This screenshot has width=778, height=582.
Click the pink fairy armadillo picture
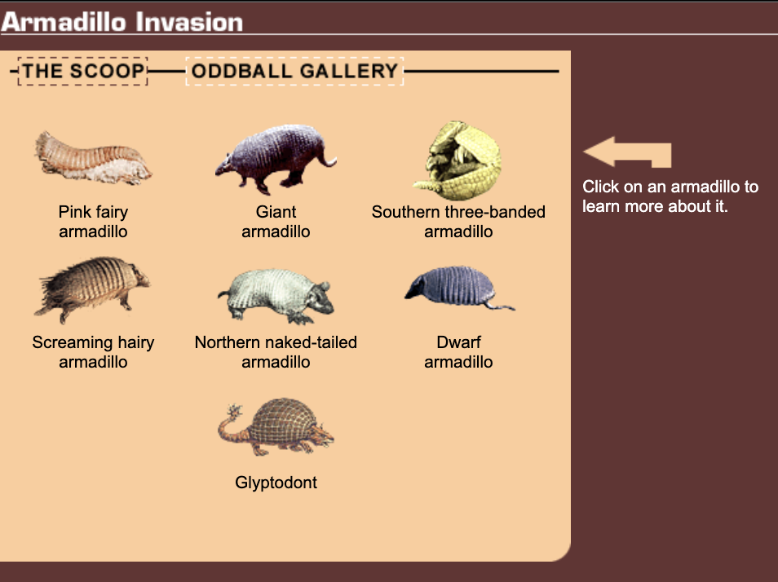pos(93,159)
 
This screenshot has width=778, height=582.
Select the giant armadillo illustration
pos(276,159)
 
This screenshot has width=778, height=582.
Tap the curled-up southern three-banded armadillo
pos(458,161)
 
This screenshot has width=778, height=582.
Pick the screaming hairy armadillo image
pos(92,289)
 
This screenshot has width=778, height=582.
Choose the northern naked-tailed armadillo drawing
pos(276,296)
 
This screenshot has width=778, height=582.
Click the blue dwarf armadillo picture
pos(459,289)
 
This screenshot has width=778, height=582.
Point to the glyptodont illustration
pos(276,427)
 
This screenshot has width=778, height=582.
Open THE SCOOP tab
pos(83,71)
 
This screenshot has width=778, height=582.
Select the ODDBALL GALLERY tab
pos(294,71)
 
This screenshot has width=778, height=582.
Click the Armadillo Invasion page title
pos(122,22)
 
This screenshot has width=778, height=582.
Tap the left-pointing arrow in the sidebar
pos(627,152)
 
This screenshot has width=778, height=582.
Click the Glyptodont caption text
pos(276,483)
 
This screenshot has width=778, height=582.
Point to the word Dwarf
pos(458,342)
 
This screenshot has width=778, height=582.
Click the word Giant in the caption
pos(276,212)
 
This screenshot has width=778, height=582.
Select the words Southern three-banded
pos(458,212)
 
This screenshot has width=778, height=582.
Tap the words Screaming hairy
pos(93,342)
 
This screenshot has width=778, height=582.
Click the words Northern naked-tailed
pos(276,342)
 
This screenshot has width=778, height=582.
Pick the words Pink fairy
pos(93,212)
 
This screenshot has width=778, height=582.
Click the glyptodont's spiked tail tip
pos(233,411)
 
